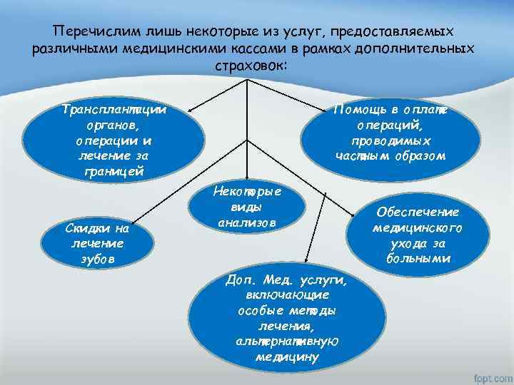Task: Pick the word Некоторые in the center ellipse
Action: tap(247, 191)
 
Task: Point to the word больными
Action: tap(418, 258)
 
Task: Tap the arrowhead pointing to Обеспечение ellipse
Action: tap(364, 215)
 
